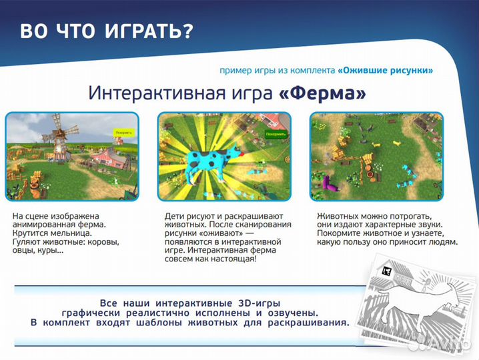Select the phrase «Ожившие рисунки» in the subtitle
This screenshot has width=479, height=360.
click(x=386, y=70)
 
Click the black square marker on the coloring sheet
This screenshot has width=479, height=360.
click(x=386, y=271)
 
